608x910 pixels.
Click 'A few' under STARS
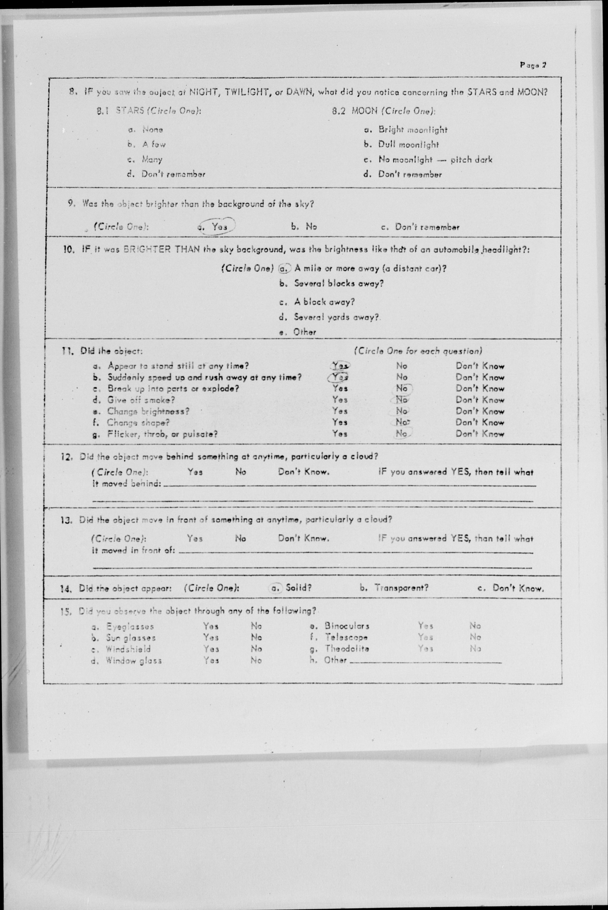click(153, 145)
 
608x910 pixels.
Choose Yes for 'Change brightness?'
click(340, 411)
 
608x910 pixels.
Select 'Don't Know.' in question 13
click(303, 538)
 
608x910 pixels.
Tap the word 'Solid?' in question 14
click(299, 588)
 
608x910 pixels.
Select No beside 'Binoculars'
click(475, 626)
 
